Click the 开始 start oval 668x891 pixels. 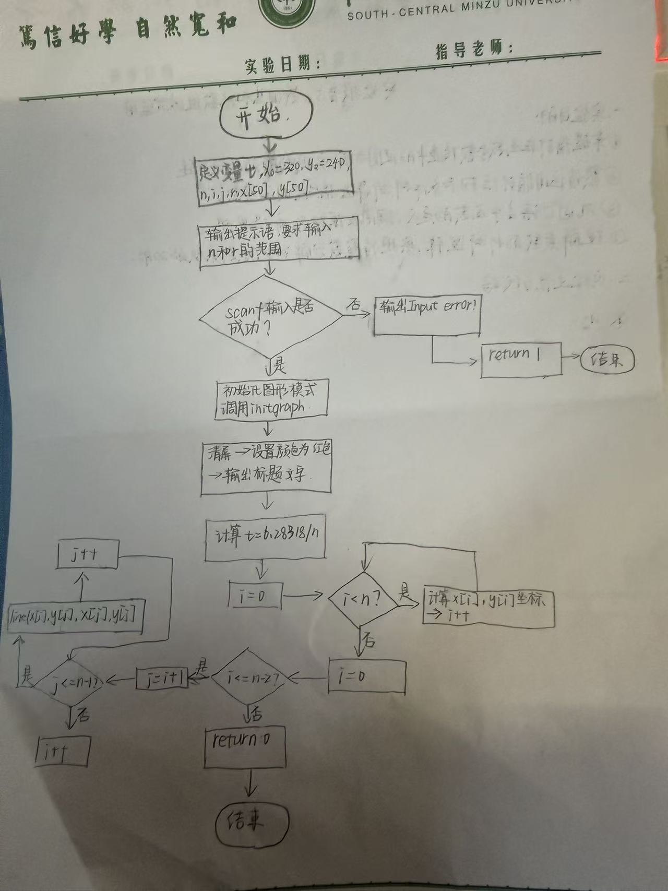(266, 115)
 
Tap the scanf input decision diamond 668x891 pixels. (270, 318)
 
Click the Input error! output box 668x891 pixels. (427, 315)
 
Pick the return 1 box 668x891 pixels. (521, 360)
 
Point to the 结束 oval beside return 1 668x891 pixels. (607, 360)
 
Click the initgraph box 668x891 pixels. (272, 399)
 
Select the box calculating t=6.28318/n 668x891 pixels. (265, 540)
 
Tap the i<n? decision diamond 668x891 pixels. (363, 600)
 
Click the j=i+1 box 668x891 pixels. (162, 679)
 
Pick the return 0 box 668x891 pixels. (245, 746)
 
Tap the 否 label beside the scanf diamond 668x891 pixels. (355, 304)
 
